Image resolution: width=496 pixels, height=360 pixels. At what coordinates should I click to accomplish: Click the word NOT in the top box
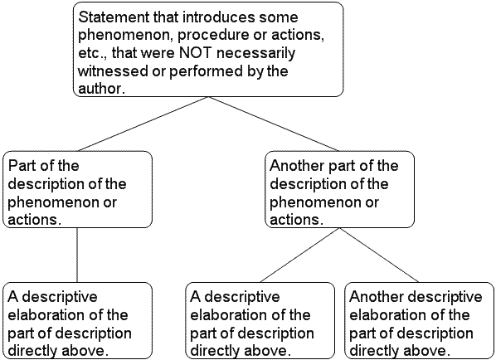tap(195, 53)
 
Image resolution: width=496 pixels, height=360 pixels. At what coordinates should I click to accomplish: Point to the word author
tap(100, 89)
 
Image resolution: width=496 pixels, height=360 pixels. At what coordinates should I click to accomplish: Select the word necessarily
tap(256, 53)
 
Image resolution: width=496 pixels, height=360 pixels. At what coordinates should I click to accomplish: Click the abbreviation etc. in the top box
tap(93, 53)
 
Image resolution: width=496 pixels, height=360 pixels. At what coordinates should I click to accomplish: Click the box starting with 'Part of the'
tap(77, 189)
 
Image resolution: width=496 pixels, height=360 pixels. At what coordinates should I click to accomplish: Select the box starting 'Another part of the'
tap(339, 189)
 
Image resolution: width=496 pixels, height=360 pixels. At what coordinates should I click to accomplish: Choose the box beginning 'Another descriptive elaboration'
tap(419, 321)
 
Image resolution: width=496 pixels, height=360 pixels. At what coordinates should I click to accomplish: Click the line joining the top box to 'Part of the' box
tap(143, 124)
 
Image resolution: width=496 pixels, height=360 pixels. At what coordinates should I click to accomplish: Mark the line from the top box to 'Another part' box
tap(274, 124)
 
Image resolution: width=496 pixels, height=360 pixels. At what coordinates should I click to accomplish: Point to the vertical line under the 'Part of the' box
tap(77, 255)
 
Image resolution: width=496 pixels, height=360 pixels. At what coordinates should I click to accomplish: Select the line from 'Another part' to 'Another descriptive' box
tap(379, 255)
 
